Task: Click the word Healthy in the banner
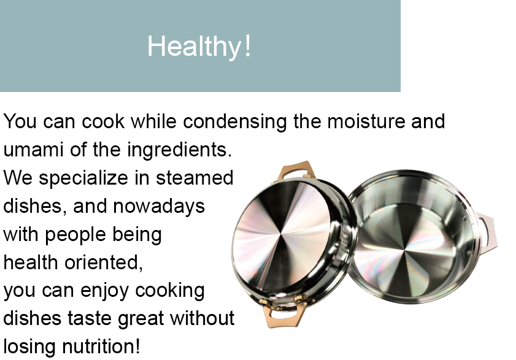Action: click(194, 47)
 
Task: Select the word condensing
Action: click(235, 121)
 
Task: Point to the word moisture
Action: click(366, 121)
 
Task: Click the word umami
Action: click(33, 150)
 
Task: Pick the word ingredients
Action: click(179, 150)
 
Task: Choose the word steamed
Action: click(194, 178)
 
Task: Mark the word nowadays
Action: click(159, 206)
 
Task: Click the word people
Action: click(75, 235)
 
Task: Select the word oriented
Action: click(103, 262)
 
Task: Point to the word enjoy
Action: click(104, 291)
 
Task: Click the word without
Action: click(202, 318)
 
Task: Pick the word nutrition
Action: click(101, 347)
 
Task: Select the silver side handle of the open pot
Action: click(487, 231)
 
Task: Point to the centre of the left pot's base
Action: click(282, 236)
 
